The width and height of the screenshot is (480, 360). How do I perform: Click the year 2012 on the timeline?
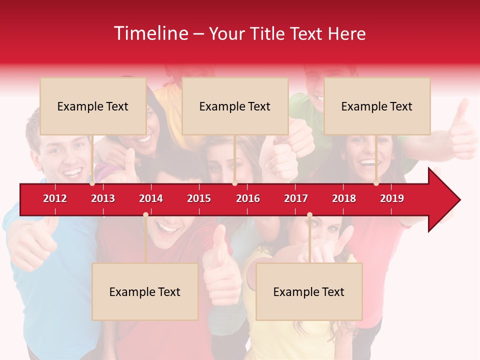pos(55,198)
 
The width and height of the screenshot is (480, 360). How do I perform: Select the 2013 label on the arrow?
pos(103,198)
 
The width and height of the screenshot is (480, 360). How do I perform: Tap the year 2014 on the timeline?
pos(151,198)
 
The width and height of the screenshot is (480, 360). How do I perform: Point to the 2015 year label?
pos(199,198)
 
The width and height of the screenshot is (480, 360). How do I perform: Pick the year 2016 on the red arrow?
pos(248,198)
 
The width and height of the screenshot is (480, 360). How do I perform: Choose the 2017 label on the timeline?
pos(296,198)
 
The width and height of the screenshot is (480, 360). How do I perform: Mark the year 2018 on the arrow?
pos(344,198)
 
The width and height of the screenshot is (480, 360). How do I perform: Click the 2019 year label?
pos(392,198)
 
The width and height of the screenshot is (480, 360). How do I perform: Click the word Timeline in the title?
pos(150,33)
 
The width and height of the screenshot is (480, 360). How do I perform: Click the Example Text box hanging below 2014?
pos(145,291)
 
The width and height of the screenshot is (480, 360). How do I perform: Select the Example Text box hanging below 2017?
pos(309,291)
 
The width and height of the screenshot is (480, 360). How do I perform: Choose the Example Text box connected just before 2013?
pos(93,106)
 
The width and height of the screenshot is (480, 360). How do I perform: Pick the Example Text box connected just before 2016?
pos(235,106)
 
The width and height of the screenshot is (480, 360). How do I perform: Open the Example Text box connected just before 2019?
pos(377,106)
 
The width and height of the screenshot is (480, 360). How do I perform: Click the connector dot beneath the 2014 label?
pos(145,214)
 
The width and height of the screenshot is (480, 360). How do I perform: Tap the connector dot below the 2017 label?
pos(309,214)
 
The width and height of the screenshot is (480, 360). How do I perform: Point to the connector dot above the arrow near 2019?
pos(376,183)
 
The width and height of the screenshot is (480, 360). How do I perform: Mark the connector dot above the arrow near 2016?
pos(234,183)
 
